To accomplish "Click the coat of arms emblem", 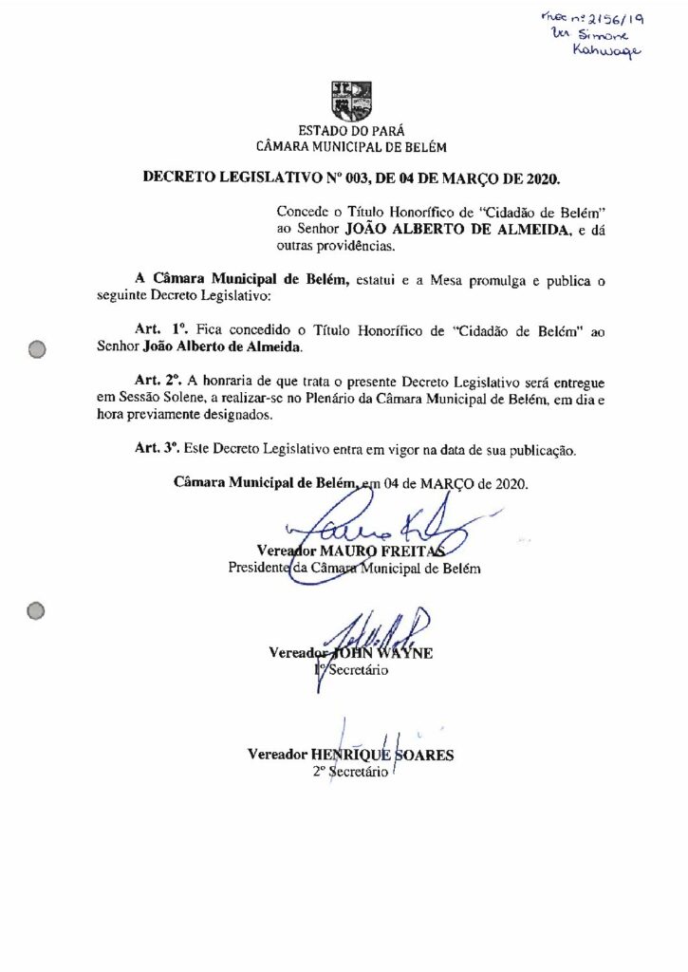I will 351,100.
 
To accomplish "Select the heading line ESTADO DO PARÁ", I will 351,130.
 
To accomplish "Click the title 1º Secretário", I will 350,670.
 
